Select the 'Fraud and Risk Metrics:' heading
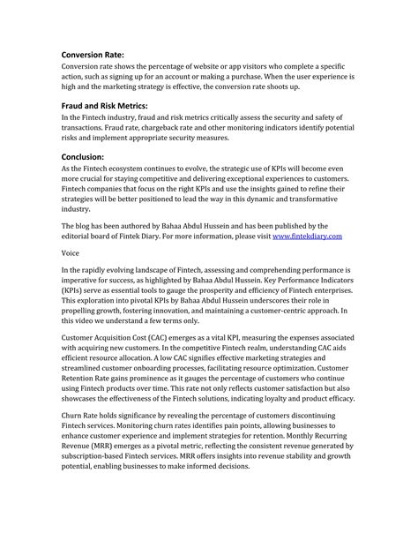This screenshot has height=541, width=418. pyautogui.click(x=110, y=105)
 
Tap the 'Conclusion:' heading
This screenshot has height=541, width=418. pyautogui.click(x=88, y=157)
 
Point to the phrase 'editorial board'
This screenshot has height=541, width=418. pyautogui.click(x=89, y=237)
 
